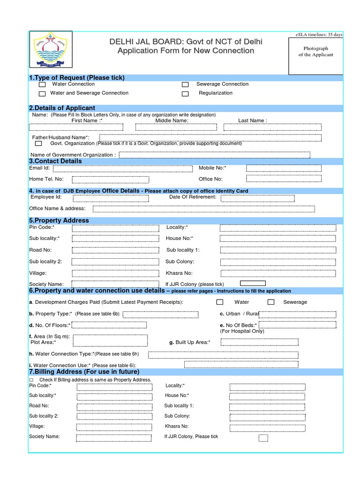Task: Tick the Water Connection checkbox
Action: point(42,85)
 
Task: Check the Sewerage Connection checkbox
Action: point(185,85)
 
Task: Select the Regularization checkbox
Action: point(185,94)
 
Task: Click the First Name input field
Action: point(76,127)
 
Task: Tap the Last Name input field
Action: point(272,127)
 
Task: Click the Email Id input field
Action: point(123,169)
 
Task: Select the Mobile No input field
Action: point(284,168)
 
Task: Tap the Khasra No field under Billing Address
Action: point(267,427)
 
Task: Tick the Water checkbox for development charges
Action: point(219,302)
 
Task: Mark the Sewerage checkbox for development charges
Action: point(271,302)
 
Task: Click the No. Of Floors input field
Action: point(110,325)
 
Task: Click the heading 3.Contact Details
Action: point(55,161)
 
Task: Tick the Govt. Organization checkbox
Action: point(38,144)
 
